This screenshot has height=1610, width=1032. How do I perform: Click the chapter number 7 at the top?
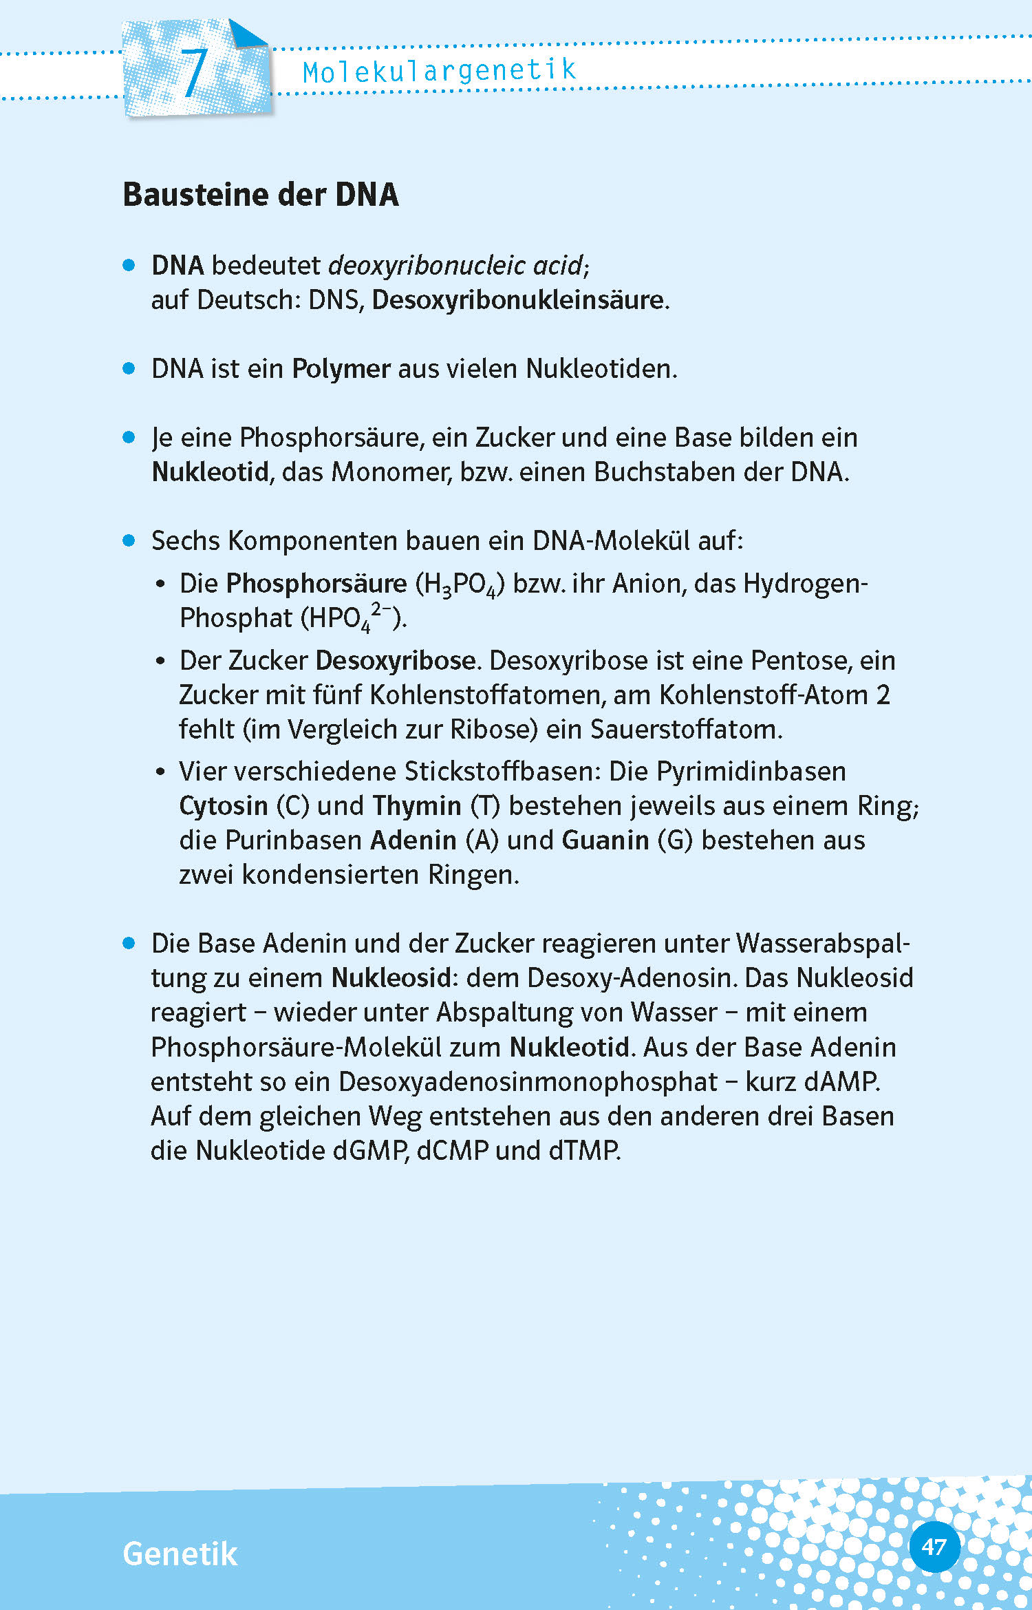click(194, 72)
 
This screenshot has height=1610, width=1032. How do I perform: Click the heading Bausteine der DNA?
click(261, 195)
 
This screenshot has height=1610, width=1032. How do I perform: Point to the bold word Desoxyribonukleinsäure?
click(518, 300)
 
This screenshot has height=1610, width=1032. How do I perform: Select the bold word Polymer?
click(341, 370)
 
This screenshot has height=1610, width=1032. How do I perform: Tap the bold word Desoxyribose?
click(396, 661)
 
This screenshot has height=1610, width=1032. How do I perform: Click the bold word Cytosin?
click(223, 806)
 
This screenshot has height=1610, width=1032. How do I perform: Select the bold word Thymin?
click(417, 806)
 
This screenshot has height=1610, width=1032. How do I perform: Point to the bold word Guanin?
click(605, 840)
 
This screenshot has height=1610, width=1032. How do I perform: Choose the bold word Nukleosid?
click(391, 978)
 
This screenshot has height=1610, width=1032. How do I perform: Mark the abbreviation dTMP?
click(584, 1151)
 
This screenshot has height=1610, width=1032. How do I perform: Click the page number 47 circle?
click(934, 1547)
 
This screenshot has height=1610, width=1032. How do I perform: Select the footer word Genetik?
click(180, 1554)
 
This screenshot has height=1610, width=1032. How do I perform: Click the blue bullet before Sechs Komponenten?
click(129, 540)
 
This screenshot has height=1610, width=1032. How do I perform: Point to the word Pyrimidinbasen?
click(751, 772)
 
